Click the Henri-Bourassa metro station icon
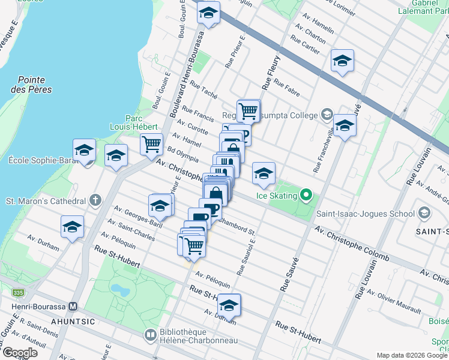coord(73,306)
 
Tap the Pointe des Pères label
coord(35,85)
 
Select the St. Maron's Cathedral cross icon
coord(95,200)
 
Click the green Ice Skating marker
coord(306,195)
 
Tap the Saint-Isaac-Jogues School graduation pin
coord(424,213)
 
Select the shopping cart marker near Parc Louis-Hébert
coord(151,144)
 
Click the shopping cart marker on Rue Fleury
coord(248,110)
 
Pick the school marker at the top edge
coord(208,13)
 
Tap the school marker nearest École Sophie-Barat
coord(84,150)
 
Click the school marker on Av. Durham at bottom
coord(229,305)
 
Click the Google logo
coord(19,352)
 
